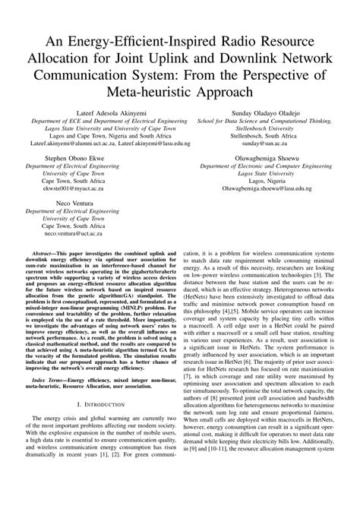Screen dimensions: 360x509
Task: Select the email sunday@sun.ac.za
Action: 261,143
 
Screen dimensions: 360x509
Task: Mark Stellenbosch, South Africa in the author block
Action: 261,135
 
